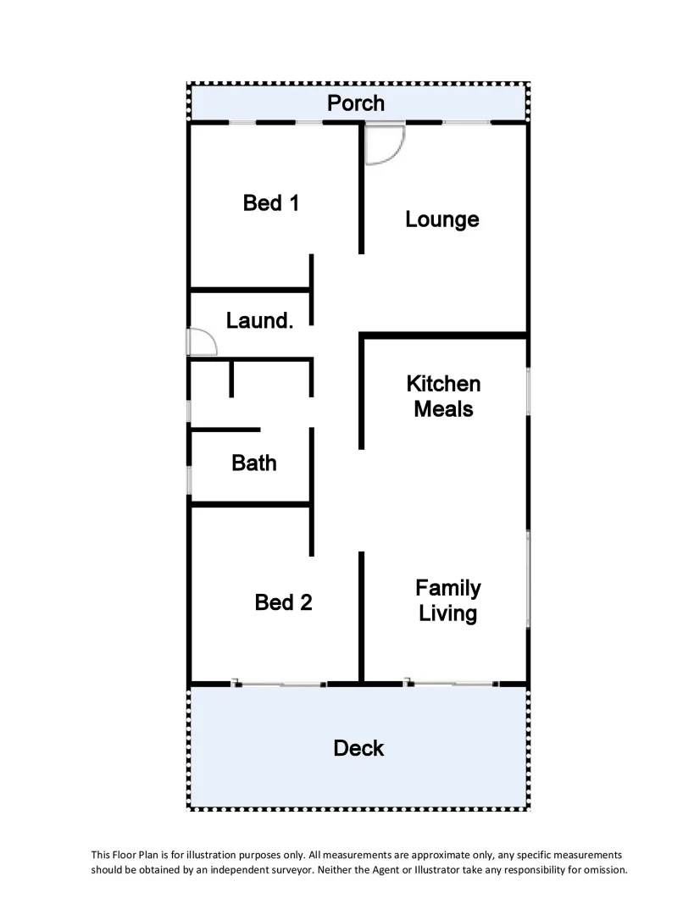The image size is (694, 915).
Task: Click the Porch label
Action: point(356,103)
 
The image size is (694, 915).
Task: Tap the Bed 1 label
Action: point(270,203)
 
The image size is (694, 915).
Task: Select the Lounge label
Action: point(441,219)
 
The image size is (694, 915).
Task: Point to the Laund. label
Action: point(259,321)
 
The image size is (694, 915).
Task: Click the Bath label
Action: point(253,463)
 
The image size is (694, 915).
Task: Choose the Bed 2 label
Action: point(283,602)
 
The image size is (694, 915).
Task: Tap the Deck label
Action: point(358,748)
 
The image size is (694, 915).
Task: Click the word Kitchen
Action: point(443,384)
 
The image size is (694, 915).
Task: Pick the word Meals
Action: point(443,409)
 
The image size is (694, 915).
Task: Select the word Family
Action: point(447,588)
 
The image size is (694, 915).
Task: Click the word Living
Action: point(447,613)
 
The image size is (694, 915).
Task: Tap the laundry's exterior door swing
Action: point(202,341)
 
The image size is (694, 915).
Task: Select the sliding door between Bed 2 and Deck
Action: point(279,683)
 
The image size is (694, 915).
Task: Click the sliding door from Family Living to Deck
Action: point(452,683)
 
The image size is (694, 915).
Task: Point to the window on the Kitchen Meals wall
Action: point(528,391)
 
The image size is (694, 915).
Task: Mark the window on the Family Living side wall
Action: point(528,579)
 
